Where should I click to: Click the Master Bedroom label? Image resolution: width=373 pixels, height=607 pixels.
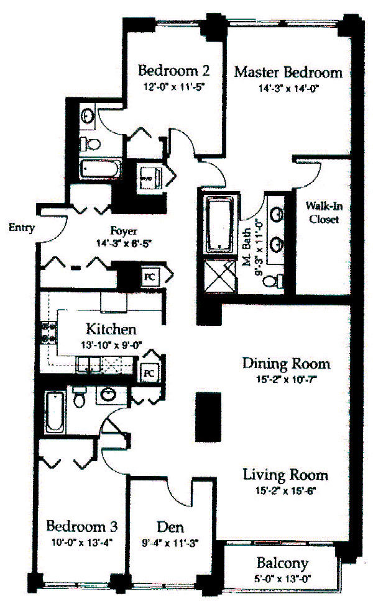288,72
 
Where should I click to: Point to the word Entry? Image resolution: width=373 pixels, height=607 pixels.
21,228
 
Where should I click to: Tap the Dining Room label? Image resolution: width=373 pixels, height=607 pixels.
286,363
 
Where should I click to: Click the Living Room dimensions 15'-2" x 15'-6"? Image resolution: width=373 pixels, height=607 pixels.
286,493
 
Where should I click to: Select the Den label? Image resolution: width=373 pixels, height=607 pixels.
170,528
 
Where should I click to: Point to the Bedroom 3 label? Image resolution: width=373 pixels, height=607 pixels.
82,527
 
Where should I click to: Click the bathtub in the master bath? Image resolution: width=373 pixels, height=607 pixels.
219,226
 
